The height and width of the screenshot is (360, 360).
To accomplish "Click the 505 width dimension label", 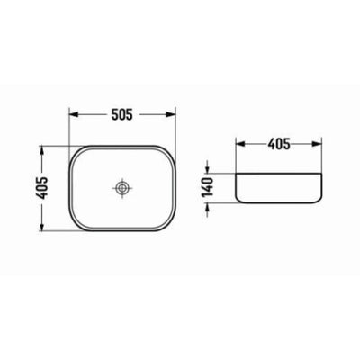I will tap(121, 113).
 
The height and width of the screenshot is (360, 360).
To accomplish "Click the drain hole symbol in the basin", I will tap(122, 189).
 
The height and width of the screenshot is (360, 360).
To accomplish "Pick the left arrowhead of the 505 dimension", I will tap(73, 113).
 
